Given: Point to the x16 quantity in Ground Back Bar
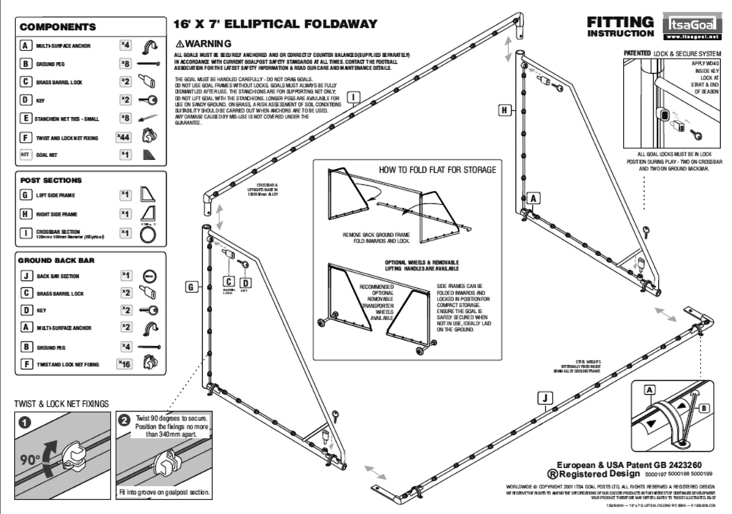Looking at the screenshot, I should [x=124, y=362].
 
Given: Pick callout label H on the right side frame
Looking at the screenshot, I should [x=504, y=110].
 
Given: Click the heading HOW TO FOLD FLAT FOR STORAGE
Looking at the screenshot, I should [x=437, y=170].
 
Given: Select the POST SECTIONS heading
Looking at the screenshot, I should [x=51, y=180].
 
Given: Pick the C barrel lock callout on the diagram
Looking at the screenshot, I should [x=228, y=281].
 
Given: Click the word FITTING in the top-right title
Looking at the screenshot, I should [x=620, y=22].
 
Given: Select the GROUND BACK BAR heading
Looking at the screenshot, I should [x=56, y=260].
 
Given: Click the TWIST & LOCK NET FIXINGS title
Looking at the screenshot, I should [x=62, y=403].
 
